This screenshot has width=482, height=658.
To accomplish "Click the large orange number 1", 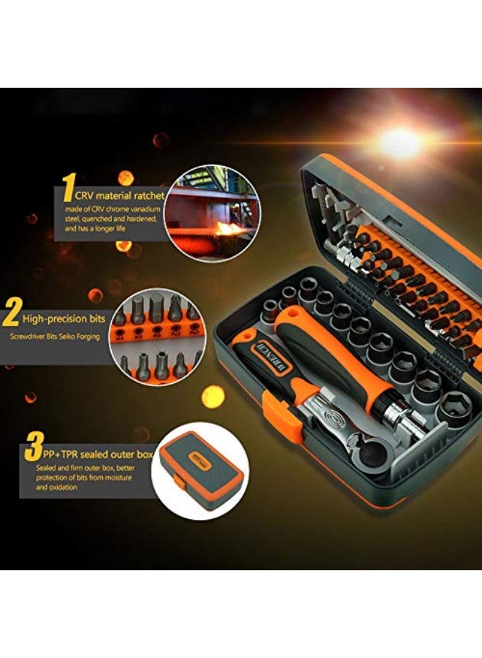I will click(67, 187).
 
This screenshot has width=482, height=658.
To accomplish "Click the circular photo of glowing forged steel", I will click(210, 210).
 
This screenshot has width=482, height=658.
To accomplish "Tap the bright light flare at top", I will click(400, 143).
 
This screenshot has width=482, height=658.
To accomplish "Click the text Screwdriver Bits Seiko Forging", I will click(55, 337).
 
